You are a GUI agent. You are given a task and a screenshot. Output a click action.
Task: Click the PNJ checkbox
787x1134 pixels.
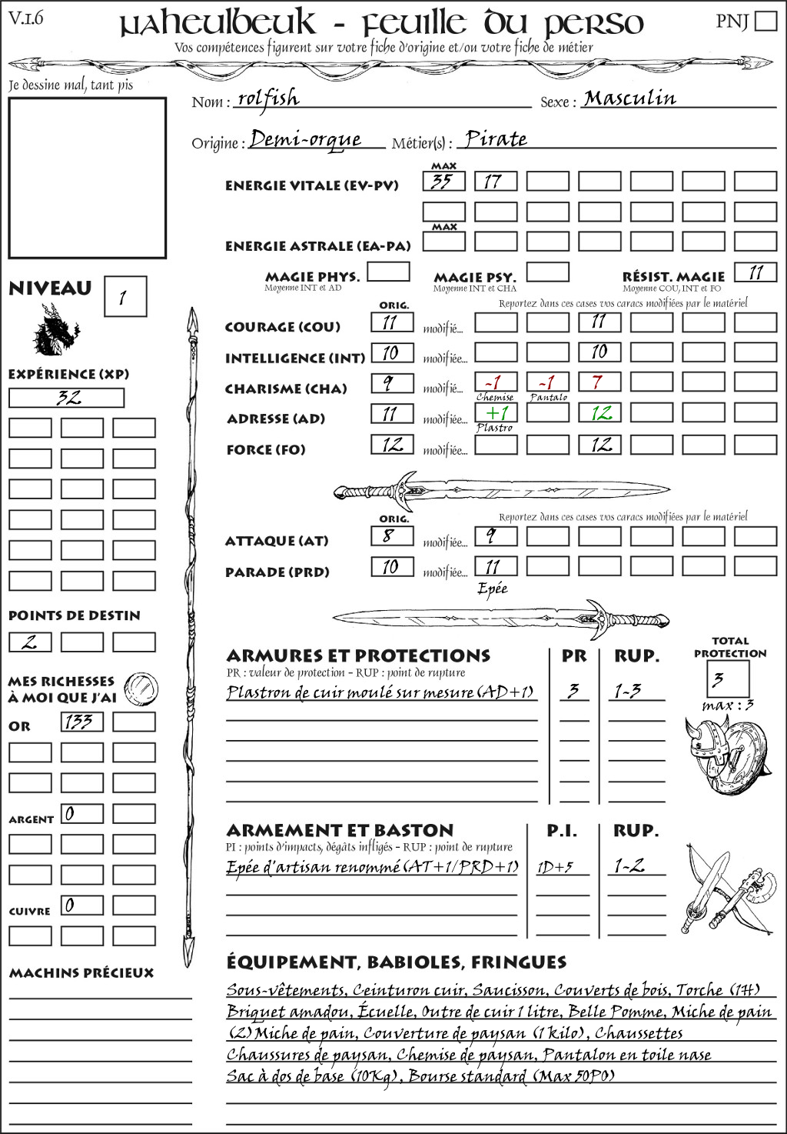pos(765,21)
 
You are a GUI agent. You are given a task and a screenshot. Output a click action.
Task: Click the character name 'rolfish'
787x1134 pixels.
pos(267,98)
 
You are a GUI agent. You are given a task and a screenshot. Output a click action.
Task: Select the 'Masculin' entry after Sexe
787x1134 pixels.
pos(629,98)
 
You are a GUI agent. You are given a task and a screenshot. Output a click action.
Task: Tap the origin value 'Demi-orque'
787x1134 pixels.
pos(305,139)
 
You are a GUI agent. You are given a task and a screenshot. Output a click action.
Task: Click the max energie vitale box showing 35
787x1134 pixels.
pos(443,182)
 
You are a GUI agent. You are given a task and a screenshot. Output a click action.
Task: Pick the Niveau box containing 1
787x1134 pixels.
pos(125,297)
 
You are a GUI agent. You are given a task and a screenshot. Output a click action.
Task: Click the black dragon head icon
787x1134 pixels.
pos(55,330)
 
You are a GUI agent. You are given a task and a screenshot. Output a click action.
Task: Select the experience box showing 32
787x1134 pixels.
pos(66,398)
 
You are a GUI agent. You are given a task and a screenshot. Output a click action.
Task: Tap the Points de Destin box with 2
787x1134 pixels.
pos(30,642)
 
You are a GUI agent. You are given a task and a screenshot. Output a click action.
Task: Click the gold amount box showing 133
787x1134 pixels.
pos(81,722)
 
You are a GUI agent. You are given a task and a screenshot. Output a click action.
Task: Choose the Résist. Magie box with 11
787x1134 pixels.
pos(755,272)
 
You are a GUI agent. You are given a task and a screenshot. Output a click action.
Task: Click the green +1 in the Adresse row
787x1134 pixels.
pos(496,413)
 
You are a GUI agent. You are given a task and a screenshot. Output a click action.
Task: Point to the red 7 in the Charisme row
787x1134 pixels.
pos(599,382)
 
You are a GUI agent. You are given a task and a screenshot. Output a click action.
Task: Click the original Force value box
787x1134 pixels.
pos(392,444)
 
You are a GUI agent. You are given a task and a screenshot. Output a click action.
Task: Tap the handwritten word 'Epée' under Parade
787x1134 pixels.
pos(493,589)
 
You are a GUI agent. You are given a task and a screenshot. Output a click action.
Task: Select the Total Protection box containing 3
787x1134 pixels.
pos(727,679)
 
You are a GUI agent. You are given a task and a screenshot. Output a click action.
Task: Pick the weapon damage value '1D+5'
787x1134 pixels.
pos(555,867)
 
